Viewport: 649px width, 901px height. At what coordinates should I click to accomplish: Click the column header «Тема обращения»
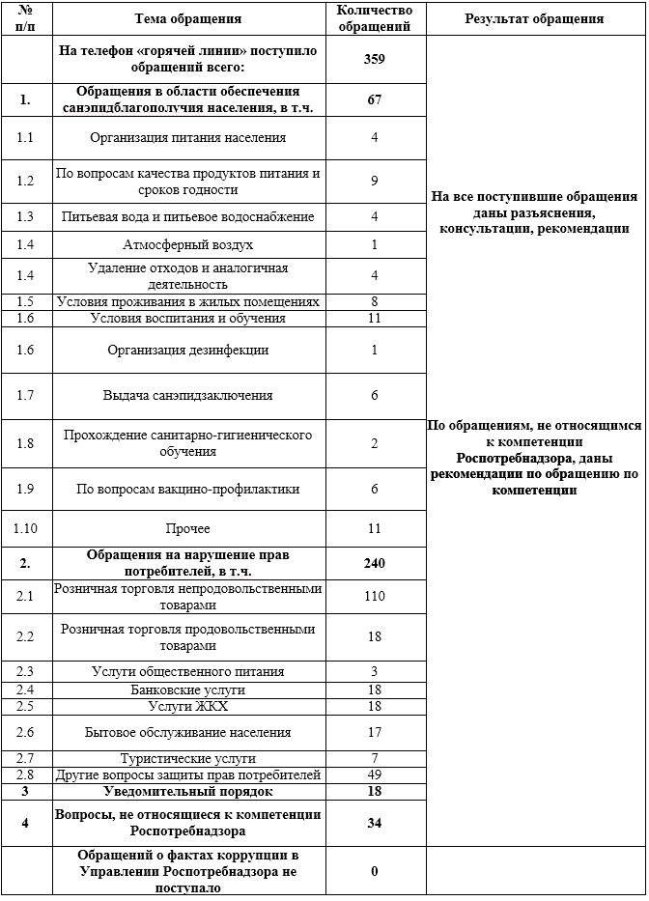coord(188,18)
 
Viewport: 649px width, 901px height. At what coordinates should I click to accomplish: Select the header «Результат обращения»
coord(534,18)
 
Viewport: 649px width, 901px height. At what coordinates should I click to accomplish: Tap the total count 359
coord(375,60)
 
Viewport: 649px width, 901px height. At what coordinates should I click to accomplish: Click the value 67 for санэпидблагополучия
coord(375,100)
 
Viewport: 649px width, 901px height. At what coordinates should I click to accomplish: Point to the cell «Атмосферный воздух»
coord(188,244)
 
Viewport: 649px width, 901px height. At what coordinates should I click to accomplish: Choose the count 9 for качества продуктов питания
coord(375,181)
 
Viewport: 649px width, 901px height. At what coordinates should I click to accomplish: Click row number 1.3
coord(25,216)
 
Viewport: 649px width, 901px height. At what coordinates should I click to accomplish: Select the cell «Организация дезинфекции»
coord(188,350)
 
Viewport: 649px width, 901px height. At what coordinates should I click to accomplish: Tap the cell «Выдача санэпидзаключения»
coord(188,395)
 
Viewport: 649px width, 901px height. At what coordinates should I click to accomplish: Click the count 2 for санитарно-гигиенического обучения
coord(375,442)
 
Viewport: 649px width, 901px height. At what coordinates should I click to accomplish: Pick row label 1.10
coord(25,528)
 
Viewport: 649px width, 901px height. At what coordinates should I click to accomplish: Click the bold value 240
coord(375,563)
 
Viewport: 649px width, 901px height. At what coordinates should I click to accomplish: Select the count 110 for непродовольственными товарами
coord(375,597)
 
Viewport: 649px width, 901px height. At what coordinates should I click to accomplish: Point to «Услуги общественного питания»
coord(188,671)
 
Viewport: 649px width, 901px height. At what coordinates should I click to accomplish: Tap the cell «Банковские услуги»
coord(188,690)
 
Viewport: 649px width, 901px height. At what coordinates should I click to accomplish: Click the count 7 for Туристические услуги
coord(375,758)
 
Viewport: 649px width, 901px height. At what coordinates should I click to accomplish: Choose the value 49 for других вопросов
coord(375,774)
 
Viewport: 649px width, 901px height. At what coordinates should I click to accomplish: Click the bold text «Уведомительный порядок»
coord(188,792)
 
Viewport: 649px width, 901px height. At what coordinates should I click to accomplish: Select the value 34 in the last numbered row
coord(375,823)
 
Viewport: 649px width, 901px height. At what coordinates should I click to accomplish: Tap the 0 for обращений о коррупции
coord(375,871)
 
